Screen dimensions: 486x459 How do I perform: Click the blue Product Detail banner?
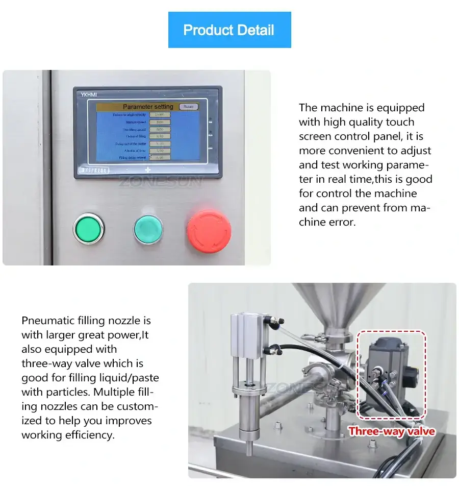pos(229,30)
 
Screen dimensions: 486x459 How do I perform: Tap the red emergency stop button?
pos(209,230)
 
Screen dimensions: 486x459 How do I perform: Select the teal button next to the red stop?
pos(148,229)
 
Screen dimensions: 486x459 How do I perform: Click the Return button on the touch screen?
pos(188,107)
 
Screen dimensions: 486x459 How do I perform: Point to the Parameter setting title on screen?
pos(148,107)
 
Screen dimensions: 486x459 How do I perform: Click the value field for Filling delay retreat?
pos(160,158)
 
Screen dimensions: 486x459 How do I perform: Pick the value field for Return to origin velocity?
pos(160,115)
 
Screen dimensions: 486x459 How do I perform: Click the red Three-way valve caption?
pos(392,431)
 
